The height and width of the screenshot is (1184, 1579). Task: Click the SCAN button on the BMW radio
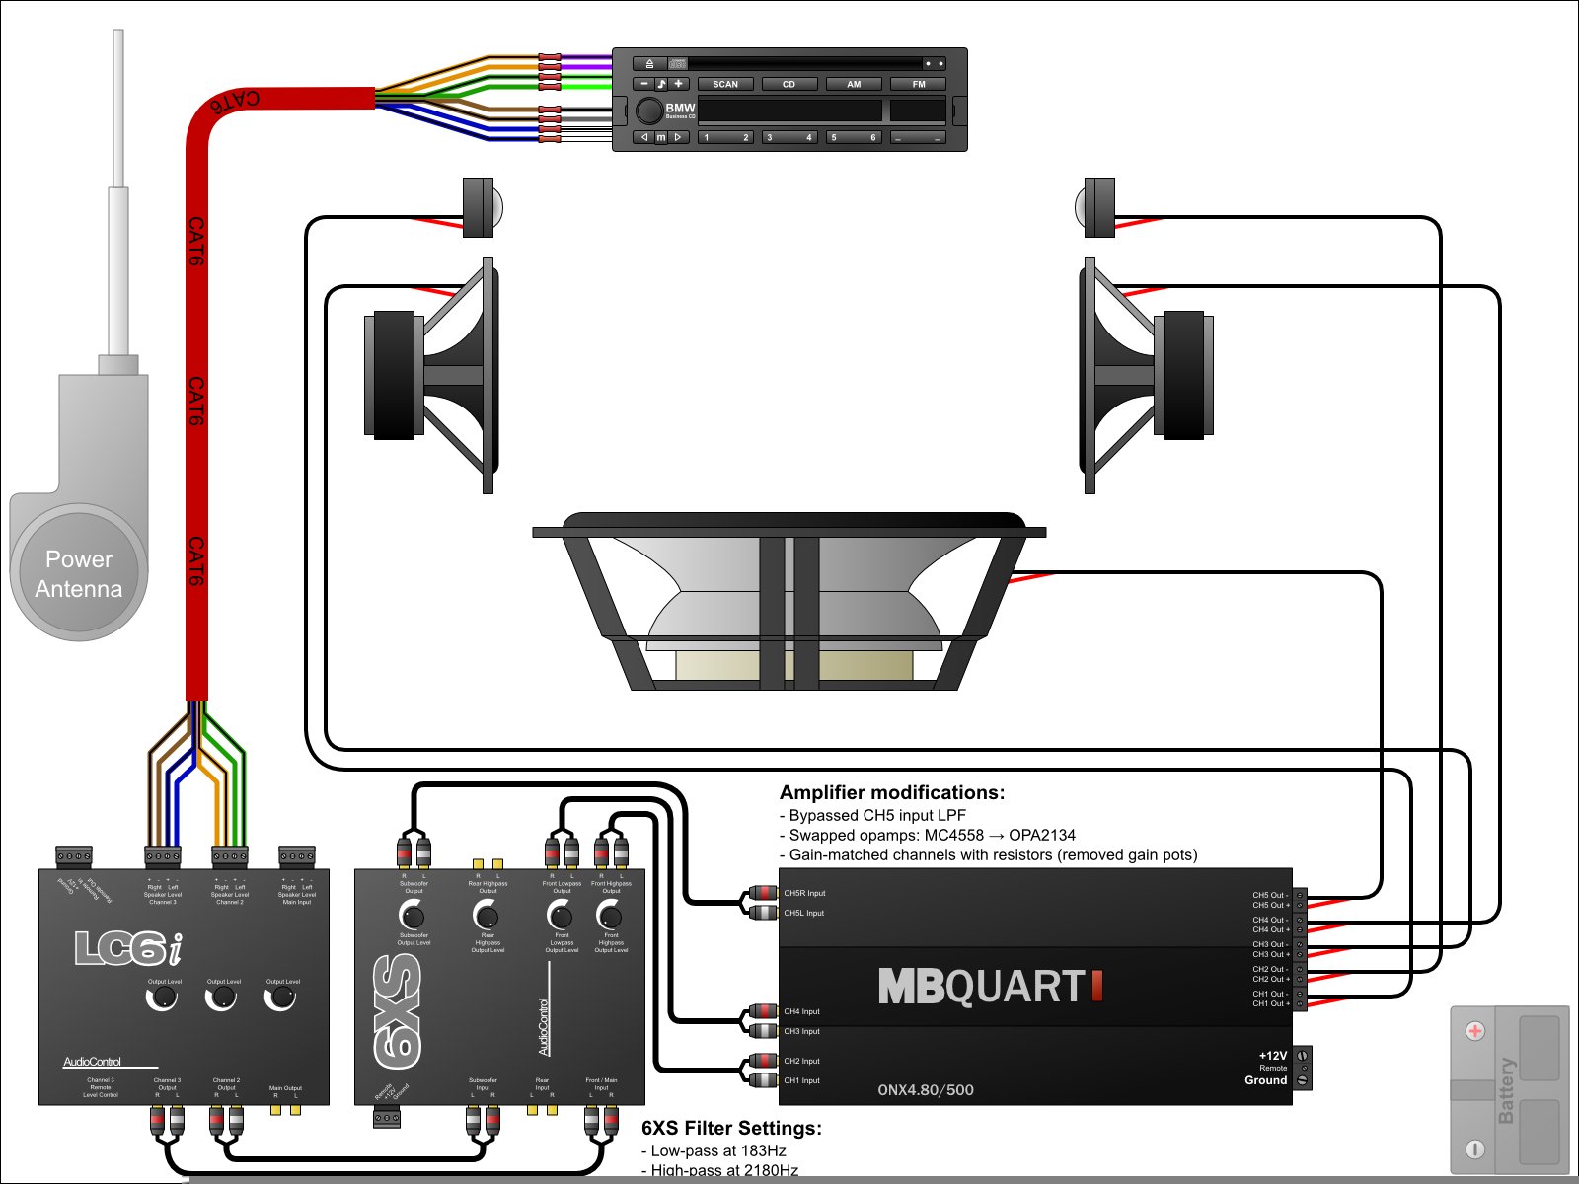(725, 84)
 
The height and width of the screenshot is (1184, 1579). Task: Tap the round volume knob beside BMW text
(649, 111)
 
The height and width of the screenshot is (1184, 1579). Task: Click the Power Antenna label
(79, 574)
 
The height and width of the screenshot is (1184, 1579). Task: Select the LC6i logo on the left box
(128, 949)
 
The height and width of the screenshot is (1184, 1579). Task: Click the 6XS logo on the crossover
(399, 1011)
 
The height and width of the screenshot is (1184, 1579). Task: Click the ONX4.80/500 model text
(926, 1090)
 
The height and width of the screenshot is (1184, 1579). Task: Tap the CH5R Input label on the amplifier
(804, 893)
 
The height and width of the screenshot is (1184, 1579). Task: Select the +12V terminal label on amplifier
(1272, 1056)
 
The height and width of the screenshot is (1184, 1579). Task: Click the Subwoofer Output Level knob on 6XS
(413, 916)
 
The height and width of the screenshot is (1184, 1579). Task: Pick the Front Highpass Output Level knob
(610, 916)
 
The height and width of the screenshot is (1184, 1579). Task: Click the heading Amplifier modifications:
(892, 792)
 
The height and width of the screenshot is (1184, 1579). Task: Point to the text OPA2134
(1042, 835)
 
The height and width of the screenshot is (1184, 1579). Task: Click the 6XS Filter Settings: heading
(731, 1128)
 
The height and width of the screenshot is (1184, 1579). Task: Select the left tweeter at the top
(481, 207)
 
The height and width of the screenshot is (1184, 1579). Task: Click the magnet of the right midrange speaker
(1184, 375)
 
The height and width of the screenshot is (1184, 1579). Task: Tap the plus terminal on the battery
(1475, 1031)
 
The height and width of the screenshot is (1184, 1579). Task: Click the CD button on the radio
(789, 84)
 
